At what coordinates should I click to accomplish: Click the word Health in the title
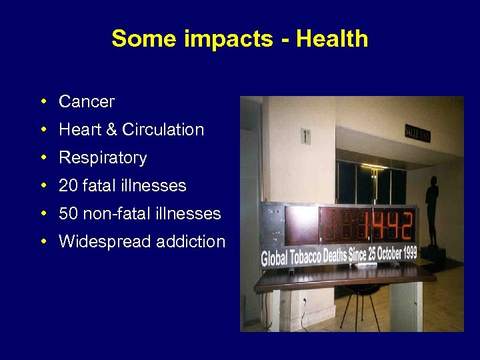[332, 39]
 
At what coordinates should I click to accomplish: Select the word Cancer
[87, 102]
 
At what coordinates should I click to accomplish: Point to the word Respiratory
[103, 158]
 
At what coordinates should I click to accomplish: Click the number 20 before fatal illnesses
[68, 186]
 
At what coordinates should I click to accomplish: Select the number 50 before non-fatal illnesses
[68, 214]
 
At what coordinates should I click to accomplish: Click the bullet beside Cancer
[42, 102]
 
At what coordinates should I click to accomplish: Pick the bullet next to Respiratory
[42, 158]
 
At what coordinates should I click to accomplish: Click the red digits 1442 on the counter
[386, 225]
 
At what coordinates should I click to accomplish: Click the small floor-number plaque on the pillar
[305, 136]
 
